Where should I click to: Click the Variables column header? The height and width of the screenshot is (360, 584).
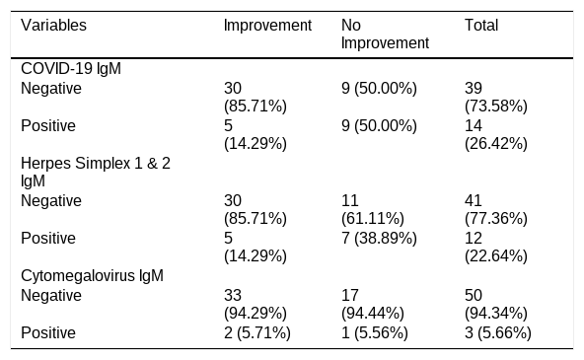pos(53,26)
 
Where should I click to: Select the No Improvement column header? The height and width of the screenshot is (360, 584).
pos(385,35)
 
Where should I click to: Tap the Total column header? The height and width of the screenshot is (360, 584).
pos(481,26)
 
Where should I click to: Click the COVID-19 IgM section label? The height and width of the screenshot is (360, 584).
pos(71,68)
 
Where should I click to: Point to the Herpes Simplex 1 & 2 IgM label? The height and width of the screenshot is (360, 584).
pos(96,172)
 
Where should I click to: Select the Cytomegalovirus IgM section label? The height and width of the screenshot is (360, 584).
pos(92,276)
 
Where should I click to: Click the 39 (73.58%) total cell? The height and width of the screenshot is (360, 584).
pos(496,98)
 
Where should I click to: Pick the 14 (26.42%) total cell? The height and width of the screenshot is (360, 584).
pos(496,134)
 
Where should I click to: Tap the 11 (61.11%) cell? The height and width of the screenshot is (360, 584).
pos(373,210)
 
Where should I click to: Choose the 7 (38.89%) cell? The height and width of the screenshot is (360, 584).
pos(379,239)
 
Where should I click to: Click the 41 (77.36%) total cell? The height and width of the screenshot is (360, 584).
pos(496,210)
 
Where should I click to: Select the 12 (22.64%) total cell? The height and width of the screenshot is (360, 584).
pos(496,247)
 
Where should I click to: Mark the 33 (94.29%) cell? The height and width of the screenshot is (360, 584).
pos(255,304)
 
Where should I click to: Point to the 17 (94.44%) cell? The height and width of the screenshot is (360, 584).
pos(373,304)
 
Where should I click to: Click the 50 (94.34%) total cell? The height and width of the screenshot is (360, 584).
pos(496,304)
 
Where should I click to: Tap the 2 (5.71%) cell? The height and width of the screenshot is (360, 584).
pos(257,332)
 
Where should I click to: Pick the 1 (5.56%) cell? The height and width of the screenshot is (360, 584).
pos(374,332)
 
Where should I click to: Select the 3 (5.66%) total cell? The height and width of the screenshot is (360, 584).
pos(497,332)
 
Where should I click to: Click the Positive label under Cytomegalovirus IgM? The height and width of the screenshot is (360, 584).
pos(48,332)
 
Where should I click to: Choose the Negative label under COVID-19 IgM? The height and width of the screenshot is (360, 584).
pos(51,89)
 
